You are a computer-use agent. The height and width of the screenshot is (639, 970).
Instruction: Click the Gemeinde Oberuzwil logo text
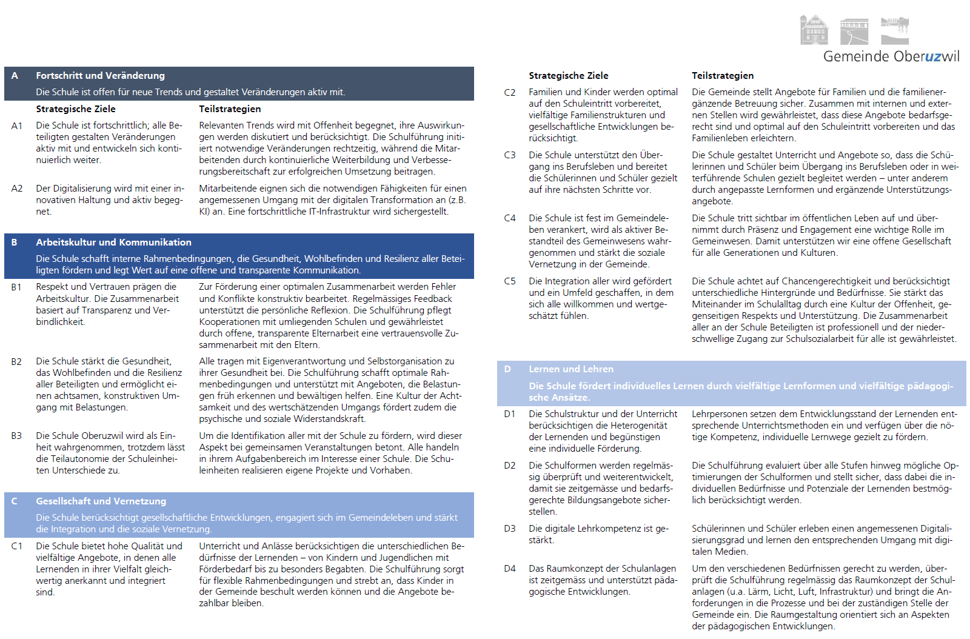point(891,56)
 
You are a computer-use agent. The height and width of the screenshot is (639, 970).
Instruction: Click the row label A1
point(17,125)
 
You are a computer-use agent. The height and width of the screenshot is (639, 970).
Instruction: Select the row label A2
point(17,189)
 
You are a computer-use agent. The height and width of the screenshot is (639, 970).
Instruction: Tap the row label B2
point(17,361)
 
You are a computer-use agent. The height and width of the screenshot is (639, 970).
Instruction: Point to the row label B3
point(17,436)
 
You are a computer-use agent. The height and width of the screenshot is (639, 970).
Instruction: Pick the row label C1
point(17,546)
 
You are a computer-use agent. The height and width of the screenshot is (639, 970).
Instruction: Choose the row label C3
point(510,155)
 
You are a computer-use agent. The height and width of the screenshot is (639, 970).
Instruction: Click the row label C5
point(510,281)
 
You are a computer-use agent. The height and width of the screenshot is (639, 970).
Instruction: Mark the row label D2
point(510,466)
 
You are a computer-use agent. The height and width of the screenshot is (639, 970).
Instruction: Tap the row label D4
point(510,569)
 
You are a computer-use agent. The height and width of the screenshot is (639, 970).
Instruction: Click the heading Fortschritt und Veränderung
point(100,76)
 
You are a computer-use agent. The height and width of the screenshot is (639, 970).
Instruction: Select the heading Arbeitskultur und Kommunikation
point(113,243)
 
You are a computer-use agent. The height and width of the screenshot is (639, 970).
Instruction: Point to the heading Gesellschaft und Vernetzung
point(101,501)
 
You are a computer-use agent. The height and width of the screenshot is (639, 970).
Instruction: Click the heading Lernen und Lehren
point(570,369)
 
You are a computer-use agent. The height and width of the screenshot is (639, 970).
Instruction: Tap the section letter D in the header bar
point(507,369)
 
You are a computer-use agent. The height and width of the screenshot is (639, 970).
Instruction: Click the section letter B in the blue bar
point(15,243)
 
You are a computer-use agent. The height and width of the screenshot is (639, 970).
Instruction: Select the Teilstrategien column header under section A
point(230,109)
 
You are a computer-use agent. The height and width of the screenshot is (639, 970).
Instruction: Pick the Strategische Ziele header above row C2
point(568,76)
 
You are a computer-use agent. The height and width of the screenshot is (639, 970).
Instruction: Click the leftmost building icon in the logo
point(814,30)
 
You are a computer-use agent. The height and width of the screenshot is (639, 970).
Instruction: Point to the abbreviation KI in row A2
point(204,212)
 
